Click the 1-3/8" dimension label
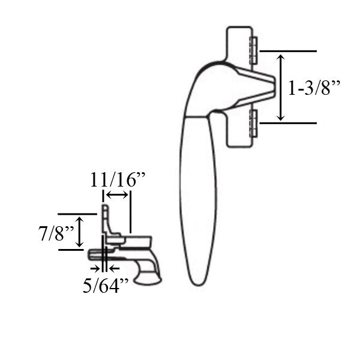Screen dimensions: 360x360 [x=314, y=88]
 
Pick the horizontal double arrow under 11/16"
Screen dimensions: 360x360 [x=116, y=195]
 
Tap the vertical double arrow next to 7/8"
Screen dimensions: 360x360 [x=80, y=233]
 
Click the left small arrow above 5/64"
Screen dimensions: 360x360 [x=94, y=267]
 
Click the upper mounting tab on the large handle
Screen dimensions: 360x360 [x=253, y=50]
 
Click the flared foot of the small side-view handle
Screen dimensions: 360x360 [x=148, y=278]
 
